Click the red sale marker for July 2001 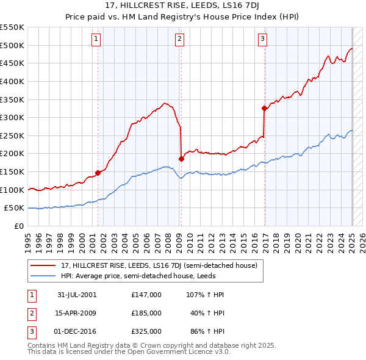[x=98, y=173]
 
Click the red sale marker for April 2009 [x=181, y=159]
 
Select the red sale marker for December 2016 [x=264, y=109]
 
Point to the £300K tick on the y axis [x=12, y=117]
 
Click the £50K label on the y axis [x=15, y=208]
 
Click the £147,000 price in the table [x=146, y=295]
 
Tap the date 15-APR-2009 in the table [x=76, y=313]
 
